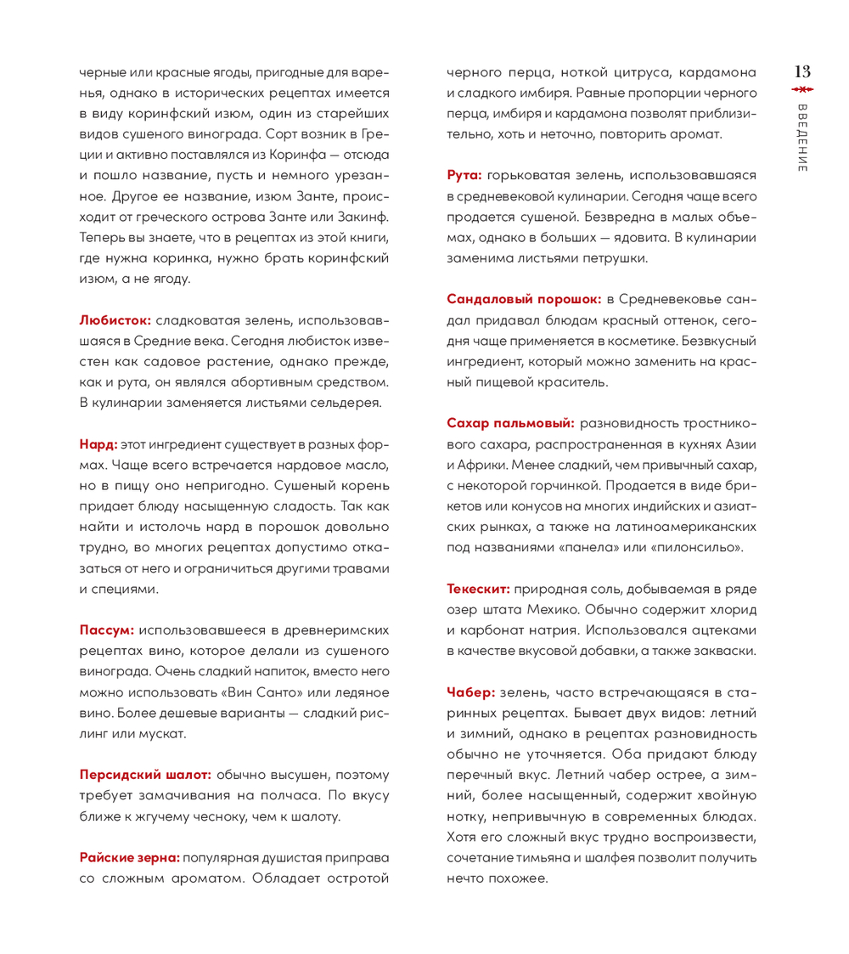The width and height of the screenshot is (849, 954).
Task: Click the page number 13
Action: click(802, 71)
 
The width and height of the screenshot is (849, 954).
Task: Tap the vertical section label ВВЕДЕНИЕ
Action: click(802, 139)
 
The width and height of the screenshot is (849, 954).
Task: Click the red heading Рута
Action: click(464, 174)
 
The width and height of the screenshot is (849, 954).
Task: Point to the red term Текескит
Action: click(479, 588)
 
